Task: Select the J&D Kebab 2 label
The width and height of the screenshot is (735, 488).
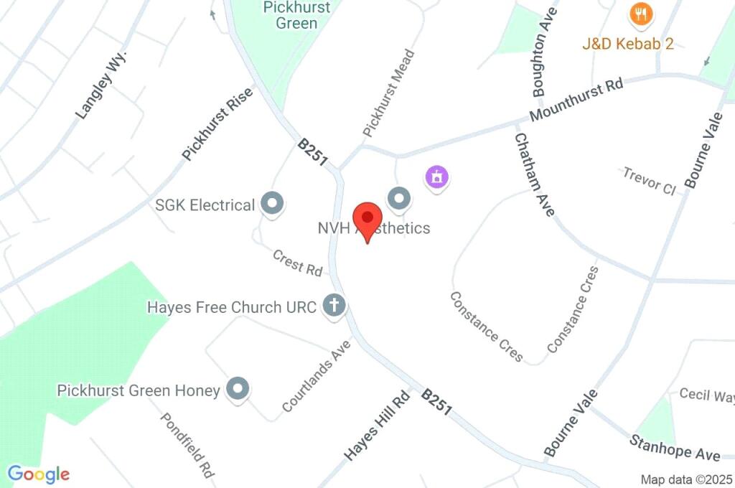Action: (x=628, y=44)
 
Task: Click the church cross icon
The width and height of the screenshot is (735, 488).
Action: (x=334, y=306)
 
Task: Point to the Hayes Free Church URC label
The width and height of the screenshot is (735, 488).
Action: (x=231, y=307)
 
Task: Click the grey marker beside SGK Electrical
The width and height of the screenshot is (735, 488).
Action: (x=272, y=205)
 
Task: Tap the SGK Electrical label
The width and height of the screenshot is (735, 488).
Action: (x=205, y=205)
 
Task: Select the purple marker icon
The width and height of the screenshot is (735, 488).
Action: (x=436, y=176)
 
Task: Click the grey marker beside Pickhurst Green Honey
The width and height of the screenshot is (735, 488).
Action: (x=238, y=390)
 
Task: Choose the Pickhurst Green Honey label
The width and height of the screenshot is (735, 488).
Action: (x=139, y=390)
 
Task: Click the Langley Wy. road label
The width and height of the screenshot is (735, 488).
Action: (x=100, y=85)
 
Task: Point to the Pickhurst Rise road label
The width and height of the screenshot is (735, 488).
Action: (x=217, y=123)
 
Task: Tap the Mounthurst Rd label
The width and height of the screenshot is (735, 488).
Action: (x=576, y=100)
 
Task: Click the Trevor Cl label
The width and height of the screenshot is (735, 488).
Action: (x=649, y=181)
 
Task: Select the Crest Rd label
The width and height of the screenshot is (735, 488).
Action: (x=297, y=263)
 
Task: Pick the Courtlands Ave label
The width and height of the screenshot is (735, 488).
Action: (x=317, y=375)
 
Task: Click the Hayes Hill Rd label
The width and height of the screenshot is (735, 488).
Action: (x=376, y=426)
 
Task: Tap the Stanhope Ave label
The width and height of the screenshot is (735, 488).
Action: (x=675, y=447)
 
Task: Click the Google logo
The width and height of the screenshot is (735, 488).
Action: (x=39, y=474)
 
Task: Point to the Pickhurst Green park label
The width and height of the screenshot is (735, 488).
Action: (x=296, y=15)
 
